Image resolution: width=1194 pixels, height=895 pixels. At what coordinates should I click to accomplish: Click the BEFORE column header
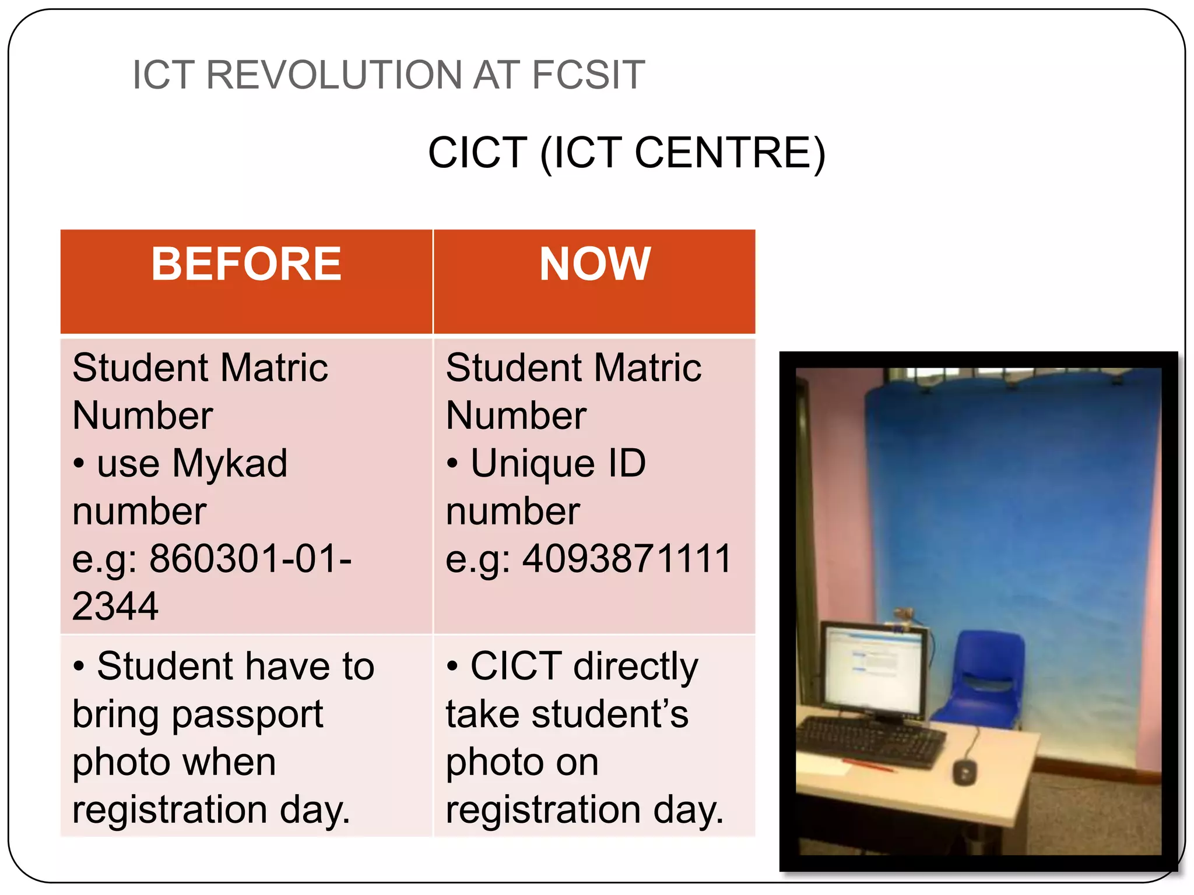point(246,264)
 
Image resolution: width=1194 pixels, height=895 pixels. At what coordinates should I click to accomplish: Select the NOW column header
point(595,264)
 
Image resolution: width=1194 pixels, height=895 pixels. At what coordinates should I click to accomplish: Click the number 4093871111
point(627,559)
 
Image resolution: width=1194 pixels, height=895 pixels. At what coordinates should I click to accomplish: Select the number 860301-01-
point(251,559)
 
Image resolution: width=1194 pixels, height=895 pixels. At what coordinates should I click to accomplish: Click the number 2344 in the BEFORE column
point(115,607)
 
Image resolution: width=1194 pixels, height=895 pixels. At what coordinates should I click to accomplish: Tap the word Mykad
point(230,464)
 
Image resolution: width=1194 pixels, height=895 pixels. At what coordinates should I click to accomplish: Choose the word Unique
point(531,464)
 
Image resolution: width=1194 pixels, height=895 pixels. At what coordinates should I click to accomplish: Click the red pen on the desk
point(869,765)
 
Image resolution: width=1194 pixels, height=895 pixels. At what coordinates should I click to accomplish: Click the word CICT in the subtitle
point(478,153)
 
